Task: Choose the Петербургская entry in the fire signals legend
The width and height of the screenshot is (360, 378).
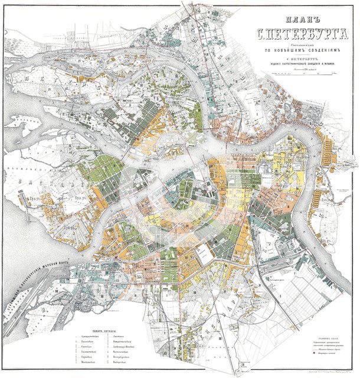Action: [x=120, y=358]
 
